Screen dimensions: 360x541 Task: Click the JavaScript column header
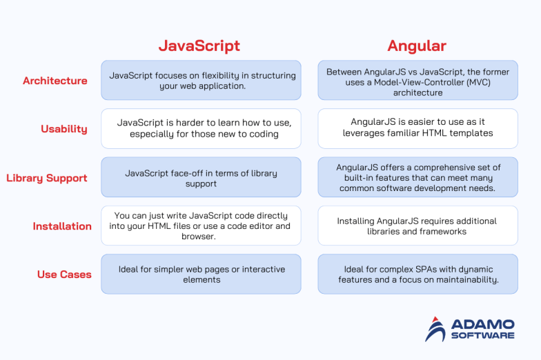coord(199,46)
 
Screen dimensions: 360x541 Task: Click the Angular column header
coord(417,46)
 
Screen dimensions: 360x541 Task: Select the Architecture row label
coord(55,81)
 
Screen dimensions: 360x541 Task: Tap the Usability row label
coord(64,129)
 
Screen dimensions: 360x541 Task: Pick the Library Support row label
coord(47,178)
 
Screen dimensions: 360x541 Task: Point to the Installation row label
coord(62,226)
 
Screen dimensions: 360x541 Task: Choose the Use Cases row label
coord(64,274)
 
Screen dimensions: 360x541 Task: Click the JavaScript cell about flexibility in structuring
coord(201,80)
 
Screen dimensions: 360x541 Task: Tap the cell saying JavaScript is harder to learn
coord(201,128)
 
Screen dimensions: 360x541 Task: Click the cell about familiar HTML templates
coord(417,128)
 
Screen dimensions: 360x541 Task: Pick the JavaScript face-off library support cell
coord(201,177)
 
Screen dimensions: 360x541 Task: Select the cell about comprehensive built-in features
coord(417,177)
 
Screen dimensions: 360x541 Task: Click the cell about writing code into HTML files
coord(201,226)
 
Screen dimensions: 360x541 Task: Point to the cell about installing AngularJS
coord(417,226)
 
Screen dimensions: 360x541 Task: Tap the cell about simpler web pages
coord(201,274)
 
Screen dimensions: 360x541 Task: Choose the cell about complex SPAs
coord(417,274)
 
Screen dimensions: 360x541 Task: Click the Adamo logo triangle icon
coord(435,329)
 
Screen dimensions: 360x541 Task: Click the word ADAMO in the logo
coord(482,323)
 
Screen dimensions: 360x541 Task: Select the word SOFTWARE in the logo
coord(482,336)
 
